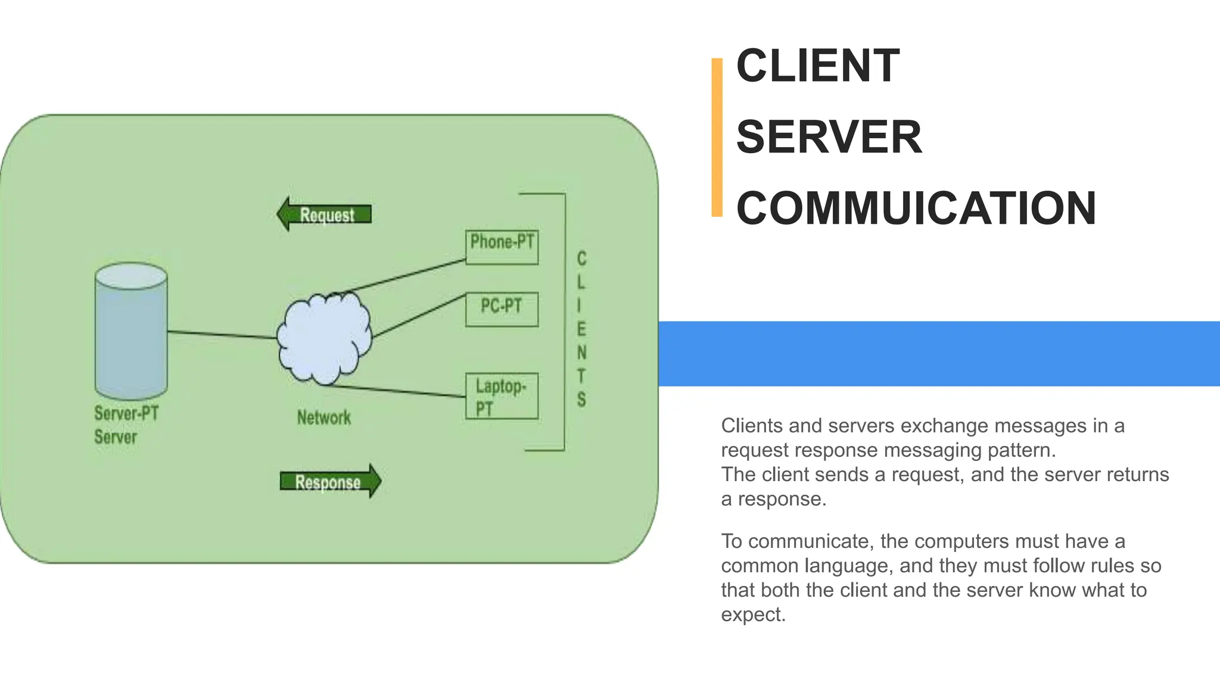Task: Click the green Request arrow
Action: [325, 214]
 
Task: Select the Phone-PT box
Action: [502, 247]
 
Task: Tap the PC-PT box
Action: [502, 309]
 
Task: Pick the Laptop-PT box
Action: [502, 396]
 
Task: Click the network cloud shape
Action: [324, 339]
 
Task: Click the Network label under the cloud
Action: [324, 417]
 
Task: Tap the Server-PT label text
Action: [126, 413]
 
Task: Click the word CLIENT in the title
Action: [817, 66]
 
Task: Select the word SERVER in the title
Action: [829, 137]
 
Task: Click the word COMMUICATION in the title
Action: [916, 208]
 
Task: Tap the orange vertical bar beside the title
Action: [717, 137]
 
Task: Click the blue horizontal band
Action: [939, 354]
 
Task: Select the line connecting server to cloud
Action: [222, 335]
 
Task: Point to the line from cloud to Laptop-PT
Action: [399, 391]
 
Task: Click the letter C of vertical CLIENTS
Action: [581, 259]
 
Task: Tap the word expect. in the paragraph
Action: [753, 615]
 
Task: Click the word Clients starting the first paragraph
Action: [751, 426]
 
